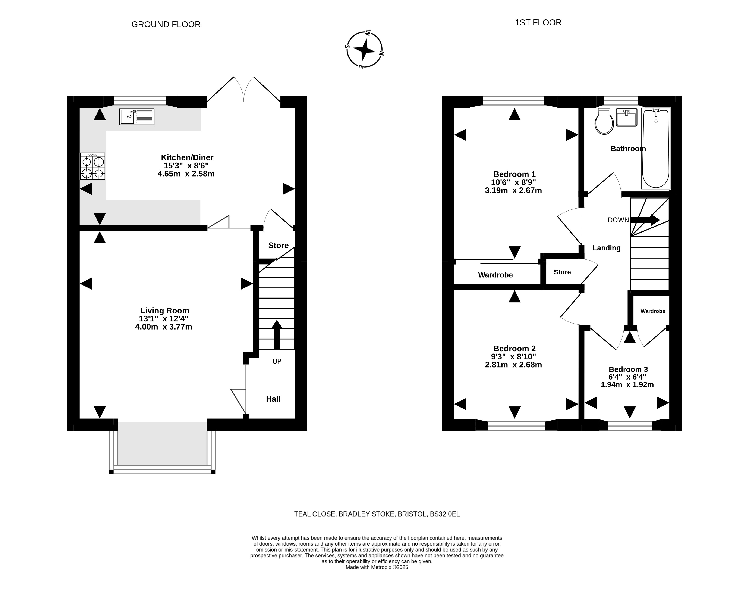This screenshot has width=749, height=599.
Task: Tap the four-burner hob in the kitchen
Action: tap(92, 166)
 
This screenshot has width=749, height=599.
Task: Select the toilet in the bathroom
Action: tap(604, 121)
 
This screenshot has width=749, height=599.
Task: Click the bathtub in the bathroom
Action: tap(655, 149)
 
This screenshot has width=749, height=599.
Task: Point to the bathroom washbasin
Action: tap(626, 117)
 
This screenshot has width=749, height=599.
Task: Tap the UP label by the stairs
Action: tap(277, 362)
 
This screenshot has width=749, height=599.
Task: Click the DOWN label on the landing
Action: tap(618, 220)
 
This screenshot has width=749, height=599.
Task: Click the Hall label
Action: tap(273, 399)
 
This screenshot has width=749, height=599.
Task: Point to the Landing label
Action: tap(607, 248)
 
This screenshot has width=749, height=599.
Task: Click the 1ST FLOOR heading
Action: tap(538, 23)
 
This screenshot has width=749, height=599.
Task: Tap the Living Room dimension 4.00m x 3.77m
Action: tap(164, 327)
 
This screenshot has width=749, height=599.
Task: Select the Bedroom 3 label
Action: tap(628, 369)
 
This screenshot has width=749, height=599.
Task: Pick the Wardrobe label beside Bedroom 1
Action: tap(495, 275)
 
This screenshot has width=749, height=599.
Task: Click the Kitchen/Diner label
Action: tap(187, 157)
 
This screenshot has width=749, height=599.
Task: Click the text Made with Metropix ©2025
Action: tap(377, 567)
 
